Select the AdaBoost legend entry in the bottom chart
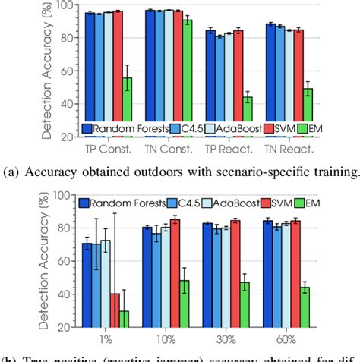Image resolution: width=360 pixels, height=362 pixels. point(223,203)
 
